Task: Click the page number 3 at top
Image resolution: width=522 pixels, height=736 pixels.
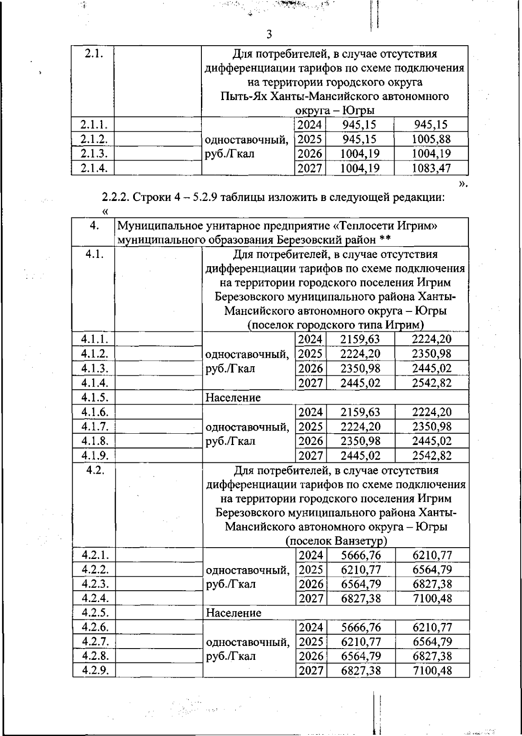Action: [x=269, y=34]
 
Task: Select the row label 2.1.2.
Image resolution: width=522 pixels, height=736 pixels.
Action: [x=94, y=139]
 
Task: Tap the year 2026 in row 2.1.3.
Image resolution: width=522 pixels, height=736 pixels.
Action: [x=310, y=154]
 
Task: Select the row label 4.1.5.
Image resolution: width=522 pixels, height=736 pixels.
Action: [x=94, y=397]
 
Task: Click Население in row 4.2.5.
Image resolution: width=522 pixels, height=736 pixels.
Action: [x=233, y=613]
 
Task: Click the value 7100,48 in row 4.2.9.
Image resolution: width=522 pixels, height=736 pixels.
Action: [x=432, y=670]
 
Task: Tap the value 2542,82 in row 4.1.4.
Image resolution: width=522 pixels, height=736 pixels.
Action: [x=432, y=383]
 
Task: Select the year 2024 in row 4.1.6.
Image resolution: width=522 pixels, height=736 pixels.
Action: [x=311, y=412]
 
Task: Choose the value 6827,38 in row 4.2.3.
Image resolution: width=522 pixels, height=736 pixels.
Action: [x=432, y=584]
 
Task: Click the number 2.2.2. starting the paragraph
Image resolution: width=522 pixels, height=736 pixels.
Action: [x=115, y=197]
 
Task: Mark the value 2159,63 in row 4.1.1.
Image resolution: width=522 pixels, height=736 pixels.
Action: [x=360, y=339]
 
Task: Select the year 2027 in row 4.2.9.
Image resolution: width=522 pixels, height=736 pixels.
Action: [x=311, y=670]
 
